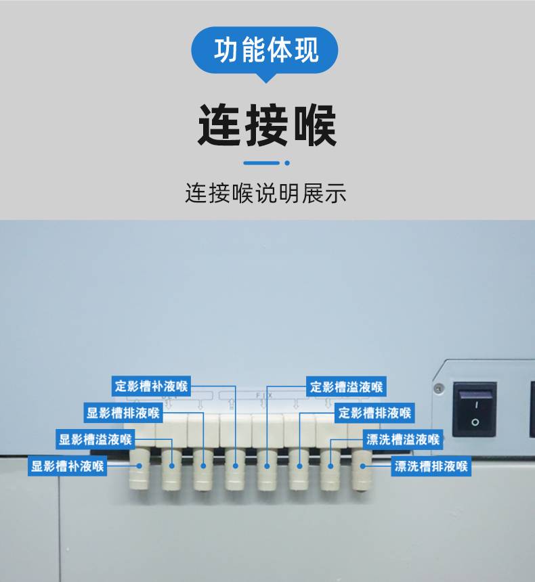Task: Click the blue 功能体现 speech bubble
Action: coord(265,51)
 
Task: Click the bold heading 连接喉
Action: coord(267,125)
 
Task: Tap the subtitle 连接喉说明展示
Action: coord(266,193)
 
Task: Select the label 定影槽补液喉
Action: coord(151,386)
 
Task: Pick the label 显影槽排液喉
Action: coord(123,413)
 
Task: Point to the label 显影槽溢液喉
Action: coord(95,439)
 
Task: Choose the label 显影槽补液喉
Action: coord(67,466)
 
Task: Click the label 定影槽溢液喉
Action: coord(346,387)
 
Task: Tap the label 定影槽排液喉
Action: coord(374,413)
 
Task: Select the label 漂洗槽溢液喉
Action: coord(403,439)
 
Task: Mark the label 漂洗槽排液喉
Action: coord(431,466)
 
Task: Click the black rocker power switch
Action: coord(475,409)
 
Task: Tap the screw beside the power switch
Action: coord(439,388)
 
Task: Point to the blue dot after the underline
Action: coord(287,163)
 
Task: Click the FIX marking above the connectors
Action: coord(264,396)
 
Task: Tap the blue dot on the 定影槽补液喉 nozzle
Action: coord(235,466)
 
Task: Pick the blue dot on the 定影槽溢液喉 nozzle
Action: coord(267,466)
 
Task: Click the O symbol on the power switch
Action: coord(475,422)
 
